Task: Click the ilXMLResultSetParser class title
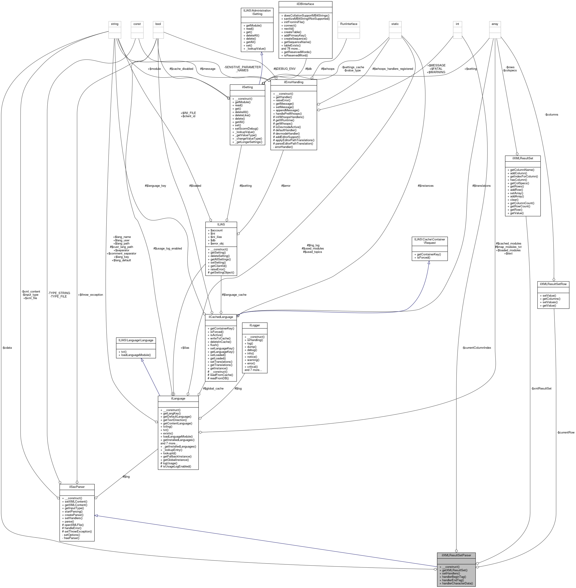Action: (x=456, y=555)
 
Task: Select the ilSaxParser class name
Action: (x=77, y=487)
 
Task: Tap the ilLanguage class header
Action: (x=178, y=398)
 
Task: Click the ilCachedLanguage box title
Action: (x=221, y=317)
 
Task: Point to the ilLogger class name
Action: (x=254, y=325)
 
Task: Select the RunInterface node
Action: (x=348, y=24)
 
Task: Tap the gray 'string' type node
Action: (x=115, y=24)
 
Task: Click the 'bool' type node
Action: (x=158, y=24)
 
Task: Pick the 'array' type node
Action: (x=495, y=24)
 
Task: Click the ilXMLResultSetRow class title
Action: (x=553, y=284)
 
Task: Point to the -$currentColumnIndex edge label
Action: (x=476, y=348)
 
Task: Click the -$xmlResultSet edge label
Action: (x=541, y=388)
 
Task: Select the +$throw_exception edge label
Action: (x=90, y=295)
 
